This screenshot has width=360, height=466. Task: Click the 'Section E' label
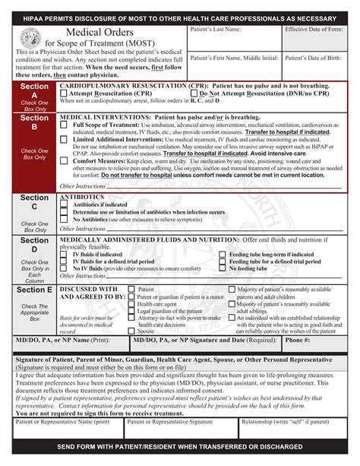pos(34,290)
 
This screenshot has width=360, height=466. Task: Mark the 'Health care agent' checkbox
pos(131,303)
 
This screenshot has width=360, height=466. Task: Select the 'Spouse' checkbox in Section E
pos(131,331)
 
